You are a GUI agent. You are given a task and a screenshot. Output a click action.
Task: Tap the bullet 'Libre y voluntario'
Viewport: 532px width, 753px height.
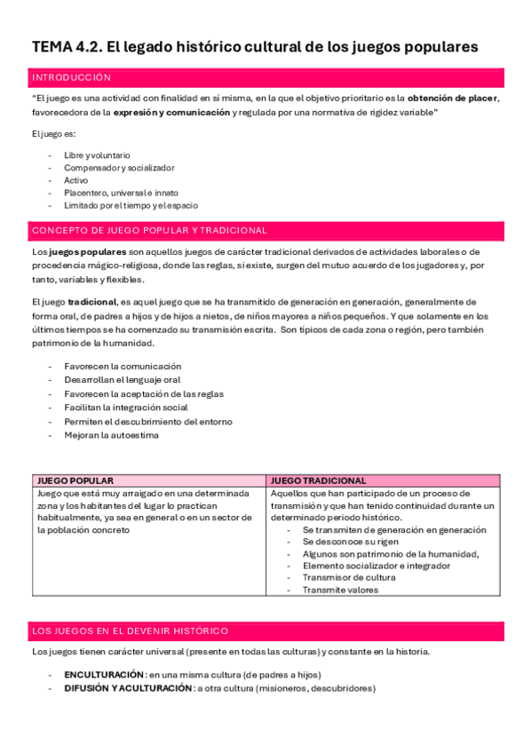coord(97,155)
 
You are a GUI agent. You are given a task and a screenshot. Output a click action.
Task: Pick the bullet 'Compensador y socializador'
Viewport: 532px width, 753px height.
coord(119,167)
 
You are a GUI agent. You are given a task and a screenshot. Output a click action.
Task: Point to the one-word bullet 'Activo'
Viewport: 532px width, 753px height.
coord(76,180)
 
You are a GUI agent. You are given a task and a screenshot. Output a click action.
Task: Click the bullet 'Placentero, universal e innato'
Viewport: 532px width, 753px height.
coord(121,193)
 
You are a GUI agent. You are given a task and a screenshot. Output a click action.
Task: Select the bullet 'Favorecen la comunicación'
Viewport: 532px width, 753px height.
coord(123,366)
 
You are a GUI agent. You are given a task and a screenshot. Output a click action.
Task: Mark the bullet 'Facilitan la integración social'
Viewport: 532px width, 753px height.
coord(126,408)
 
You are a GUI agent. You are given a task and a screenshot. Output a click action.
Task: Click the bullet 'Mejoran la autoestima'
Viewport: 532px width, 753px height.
coord(111,435)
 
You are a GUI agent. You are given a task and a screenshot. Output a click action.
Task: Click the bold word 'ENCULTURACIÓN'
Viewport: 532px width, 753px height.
coord(104,675)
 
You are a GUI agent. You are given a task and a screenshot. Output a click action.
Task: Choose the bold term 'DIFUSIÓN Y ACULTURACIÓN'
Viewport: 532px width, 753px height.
coord(128,688)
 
